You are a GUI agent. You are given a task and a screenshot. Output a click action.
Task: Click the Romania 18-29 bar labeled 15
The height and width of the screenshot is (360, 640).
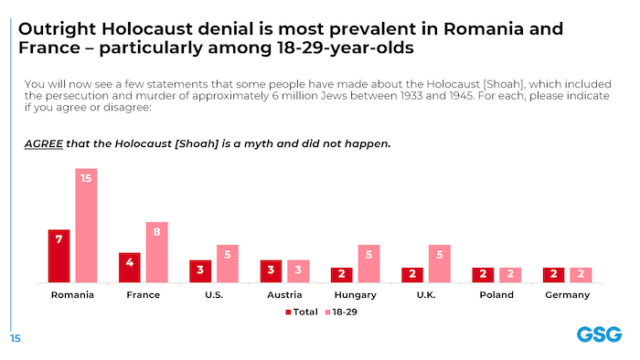pos(86,225)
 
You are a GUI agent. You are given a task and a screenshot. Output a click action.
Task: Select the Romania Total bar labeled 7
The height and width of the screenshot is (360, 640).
pos(59,256)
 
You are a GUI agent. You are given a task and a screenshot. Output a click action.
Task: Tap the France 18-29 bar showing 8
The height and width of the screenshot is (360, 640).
pos(157,252)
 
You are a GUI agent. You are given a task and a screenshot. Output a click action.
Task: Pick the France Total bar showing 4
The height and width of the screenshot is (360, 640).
pos(130,267)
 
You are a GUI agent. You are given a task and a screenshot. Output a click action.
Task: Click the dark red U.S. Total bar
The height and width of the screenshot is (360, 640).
pos(201,271)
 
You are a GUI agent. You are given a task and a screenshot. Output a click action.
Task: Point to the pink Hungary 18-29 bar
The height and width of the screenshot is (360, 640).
pos(369,263)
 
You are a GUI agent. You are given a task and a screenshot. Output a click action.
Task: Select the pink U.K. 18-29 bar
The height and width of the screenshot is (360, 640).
pos(440,263)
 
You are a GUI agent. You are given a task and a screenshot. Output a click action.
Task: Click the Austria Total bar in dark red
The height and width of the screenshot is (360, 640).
pos(271,271)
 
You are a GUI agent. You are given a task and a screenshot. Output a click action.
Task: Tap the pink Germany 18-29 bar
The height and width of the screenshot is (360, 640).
pos(581,274)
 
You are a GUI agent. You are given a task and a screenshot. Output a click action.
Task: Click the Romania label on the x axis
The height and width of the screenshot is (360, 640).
pos(72,295)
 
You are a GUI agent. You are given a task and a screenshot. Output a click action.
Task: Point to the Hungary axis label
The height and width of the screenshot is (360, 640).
pos(355,295)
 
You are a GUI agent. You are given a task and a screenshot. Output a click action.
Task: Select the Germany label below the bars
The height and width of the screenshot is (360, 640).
pos(567,295)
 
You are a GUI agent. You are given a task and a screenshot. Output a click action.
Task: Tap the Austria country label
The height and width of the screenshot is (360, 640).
pos(284,295)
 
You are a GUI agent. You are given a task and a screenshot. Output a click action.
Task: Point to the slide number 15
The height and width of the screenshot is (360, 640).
pos(15,337)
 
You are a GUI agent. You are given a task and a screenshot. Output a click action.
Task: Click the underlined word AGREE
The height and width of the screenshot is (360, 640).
pos(42,143)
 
